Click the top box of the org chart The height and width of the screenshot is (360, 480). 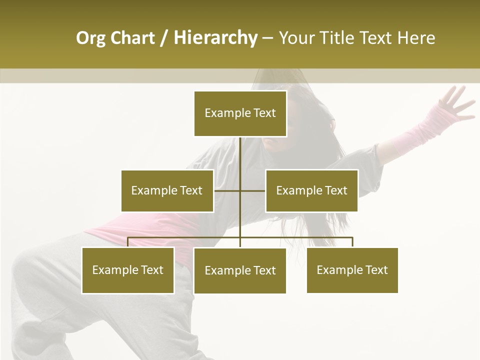[240, 113]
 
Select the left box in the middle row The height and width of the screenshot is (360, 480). [167, 190]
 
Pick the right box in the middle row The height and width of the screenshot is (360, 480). [311, 190]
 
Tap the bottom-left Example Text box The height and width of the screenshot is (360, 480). [127, 270]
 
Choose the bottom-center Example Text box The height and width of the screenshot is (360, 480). [240, 270]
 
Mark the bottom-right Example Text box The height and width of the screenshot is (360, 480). [352, 270]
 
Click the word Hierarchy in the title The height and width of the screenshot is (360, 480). [215, 38]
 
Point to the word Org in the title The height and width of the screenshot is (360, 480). [90, 38]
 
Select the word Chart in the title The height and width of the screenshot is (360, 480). [132, 38]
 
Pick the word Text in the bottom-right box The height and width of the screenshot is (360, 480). [376, 270]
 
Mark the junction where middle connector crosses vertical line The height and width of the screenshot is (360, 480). [240, 190]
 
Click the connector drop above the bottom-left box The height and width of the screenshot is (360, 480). [128, 242]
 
